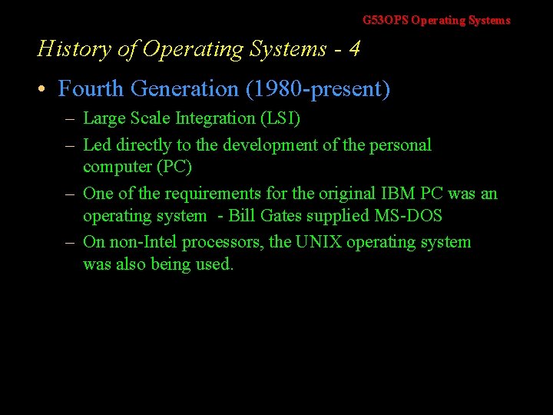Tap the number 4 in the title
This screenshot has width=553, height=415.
click(354, 49)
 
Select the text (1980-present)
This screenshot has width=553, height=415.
click(317, 89)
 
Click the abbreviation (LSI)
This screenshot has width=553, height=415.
click(280, 118)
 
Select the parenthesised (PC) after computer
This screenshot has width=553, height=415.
click(176, 167)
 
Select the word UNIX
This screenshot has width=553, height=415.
click(318, 243)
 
